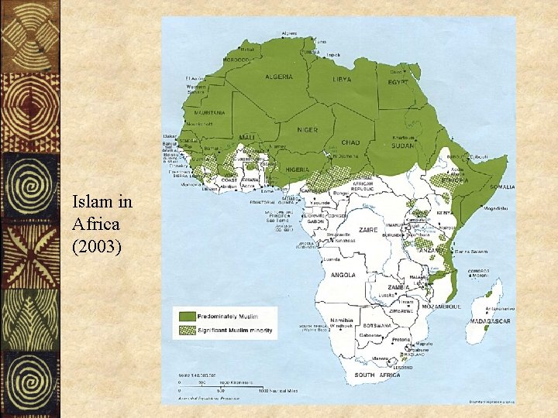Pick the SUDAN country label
pos(402,146)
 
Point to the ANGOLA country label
pos(343,275)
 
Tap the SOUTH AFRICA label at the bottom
pos(376,375)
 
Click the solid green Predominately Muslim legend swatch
pos(188,316)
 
